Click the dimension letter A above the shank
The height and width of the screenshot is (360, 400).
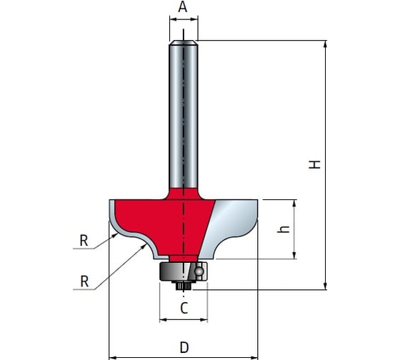(183, 7)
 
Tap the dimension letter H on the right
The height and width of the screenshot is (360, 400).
(314, 164)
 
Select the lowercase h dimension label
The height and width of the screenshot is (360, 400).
(284, 229)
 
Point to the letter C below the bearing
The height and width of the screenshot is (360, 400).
(184, 308)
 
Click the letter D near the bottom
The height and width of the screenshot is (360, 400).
(184, 347)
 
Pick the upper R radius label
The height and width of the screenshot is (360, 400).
(84, 240)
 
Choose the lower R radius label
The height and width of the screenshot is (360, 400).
(84, 281)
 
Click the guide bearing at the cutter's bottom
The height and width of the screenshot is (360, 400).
(183, 271)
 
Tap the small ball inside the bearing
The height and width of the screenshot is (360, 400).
(199, 271)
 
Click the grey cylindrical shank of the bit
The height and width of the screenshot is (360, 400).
(184, 115)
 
